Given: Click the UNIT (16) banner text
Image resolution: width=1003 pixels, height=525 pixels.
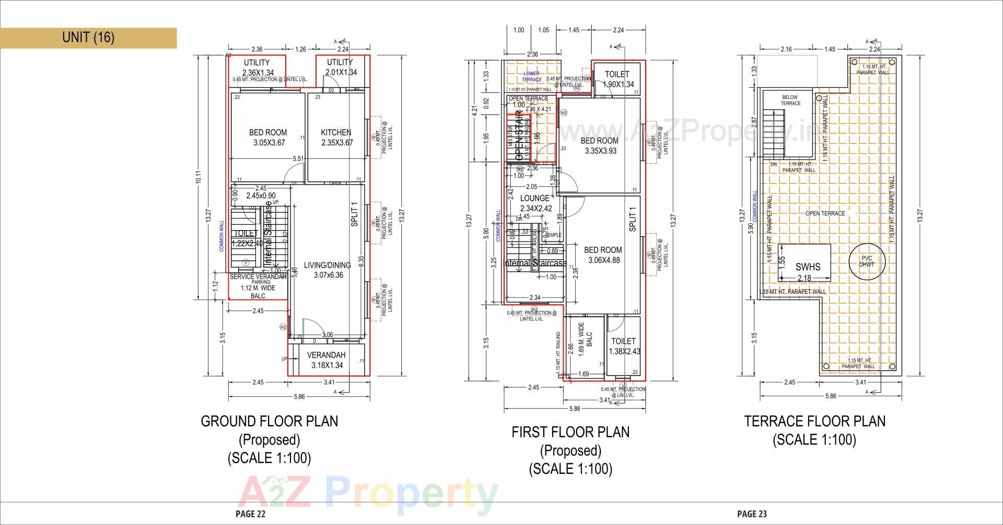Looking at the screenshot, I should pos(88,37).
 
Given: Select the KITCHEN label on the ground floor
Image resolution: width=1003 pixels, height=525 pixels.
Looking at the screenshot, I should pos(336,133).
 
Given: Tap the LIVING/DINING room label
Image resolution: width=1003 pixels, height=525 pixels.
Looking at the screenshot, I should pos(329,266).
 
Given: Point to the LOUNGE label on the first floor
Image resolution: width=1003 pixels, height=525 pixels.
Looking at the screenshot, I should pos(535,198).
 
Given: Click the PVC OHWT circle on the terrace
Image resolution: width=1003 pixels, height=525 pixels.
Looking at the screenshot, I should pos(866,261).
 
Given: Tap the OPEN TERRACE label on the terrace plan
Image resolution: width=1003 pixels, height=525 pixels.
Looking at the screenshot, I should pos(825,213).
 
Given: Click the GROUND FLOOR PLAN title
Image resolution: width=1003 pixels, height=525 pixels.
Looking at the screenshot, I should pos(270,421).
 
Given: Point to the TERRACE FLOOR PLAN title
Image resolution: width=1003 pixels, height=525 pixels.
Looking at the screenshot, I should pos(814,421).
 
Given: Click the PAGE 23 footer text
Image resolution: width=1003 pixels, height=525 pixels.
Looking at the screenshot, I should pos(752,514).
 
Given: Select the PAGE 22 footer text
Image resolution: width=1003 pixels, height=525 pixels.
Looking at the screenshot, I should pos(250,514).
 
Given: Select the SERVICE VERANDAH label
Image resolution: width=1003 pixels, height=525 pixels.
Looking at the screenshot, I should pos(258,277).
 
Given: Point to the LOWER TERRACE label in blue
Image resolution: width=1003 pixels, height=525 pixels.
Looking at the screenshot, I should pos(531,76).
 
